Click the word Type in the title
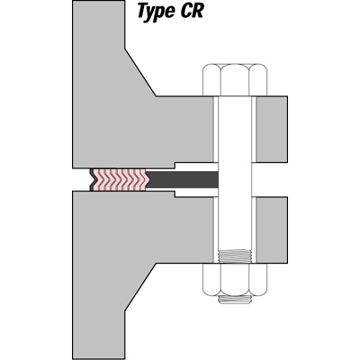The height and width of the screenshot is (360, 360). [x=156, y=12]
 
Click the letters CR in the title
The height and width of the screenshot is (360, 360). [x=192, y=11]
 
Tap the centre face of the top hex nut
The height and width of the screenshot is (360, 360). [x=235, y=80]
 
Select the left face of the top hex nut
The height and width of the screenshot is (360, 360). [x=211, y=80]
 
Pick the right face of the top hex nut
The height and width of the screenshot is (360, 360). [x=258, y=80]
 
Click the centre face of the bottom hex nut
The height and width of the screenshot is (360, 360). [x=235, y=280]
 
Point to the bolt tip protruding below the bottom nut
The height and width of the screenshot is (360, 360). [x=235, y=300]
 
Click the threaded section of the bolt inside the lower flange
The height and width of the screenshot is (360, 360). [x=235, y=256]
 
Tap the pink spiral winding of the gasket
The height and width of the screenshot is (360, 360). [x=120, y=180]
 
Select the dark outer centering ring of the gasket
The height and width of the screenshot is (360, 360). [x=182, y=180]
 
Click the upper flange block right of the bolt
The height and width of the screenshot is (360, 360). [x=272, y=130]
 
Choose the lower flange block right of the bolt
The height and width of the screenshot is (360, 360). [x=272, y=230]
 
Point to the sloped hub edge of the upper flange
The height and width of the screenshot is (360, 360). [x=140, y=72]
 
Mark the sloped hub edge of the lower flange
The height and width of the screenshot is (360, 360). [x=140, y=287]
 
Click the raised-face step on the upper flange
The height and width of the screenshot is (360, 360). [x=175, y=165]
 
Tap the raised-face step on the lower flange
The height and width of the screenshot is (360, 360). [x=175, y=194]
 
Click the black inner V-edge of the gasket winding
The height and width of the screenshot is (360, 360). [x=92, y=180]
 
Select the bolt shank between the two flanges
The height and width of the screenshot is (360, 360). [x=235, y=180]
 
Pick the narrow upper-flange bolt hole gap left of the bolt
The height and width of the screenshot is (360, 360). [x=215, y=130]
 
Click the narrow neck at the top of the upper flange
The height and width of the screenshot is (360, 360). [x=98, y=24]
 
